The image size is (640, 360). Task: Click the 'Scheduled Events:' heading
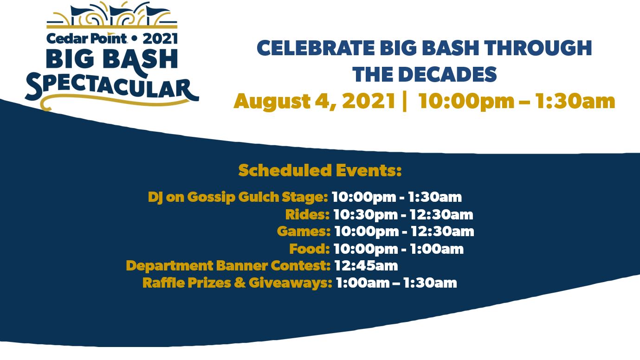(320, 170)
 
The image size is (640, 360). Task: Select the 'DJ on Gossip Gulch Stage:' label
(238, 197)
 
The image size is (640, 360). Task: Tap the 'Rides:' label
(307, 214)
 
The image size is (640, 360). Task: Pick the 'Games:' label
(304, 231)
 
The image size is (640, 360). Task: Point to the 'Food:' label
(309, 249)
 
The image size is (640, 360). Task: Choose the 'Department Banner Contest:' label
(228, 266)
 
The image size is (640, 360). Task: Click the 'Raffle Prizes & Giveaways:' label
(237, 283)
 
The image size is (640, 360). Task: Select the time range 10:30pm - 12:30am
(403, 214)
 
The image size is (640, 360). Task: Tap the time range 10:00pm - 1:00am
(398, 249)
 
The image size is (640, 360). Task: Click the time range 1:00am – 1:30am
(396, 283)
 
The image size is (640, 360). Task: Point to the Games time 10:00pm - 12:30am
(404, 231)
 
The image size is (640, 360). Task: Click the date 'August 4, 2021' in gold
(315, 101)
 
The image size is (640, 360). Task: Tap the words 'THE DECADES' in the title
(424, 75)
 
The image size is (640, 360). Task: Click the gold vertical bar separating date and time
(405, 101)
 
